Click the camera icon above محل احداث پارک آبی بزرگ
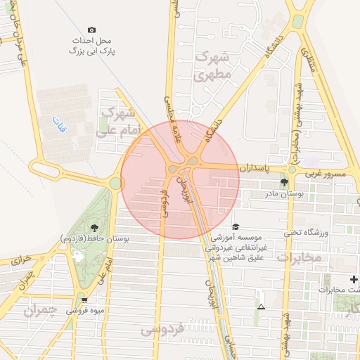click(91, 30)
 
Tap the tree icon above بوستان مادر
click(284, 181)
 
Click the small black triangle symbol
click(262, 307)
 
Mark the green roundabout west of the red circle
click(115, 184)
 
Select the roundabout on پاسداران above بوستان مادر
click(292, 169)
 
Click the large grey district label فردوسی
click(161, 328)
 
